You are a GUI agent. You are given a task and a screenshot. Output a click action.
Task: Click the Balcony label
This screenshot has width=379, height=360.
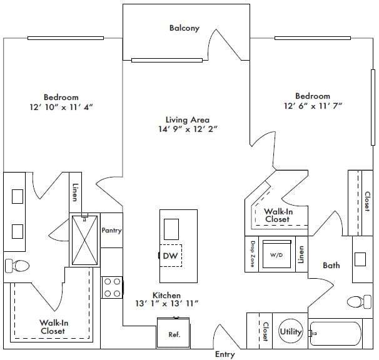pyautogui.click(x=184, y=28)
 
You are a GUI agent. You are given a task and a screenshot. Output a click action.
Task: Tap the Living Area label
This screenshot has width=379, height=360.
pyautogui.click(x=187, y=119)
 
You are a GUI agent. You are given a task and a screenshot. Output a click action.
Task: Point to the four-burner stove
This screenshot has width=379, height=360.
pyautogui.click(x=112, y=287)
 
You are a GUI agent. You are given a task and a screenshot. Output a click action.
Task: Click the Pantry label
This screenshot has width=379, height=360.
pyautogui.click(x=111, y=231)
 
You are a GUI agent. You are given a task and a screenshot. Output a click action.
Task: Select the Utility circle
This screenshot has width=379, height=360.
pyautogui.click(x=291, y=332)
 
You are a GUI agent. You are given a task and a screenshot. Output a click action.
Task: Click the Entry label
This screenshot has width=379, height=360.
pyautogui.click(x=225, y=355)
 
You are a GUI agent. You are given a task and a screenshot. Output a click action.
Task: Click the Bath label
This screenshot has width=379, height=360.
pyautogui.click(x=331, y=266)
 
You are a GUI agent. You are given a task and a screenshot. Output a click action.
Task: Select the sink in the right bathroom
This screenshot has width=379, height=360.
pyautogui.click(x=361, y=258)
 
